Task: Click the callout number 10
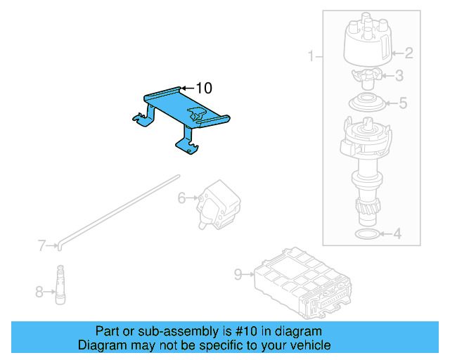point(203,88)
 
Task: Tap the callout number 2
point(409,51)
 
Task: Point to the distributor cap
point(368,44)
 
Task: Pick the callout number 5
point(403,103)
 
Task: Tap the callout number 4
point(397,233)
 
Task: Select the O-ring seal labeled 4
point(366,233)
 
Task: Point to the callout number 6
point(181,198)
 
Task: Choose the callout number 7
point(41,245)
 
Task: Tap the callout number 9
point(238,274)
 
